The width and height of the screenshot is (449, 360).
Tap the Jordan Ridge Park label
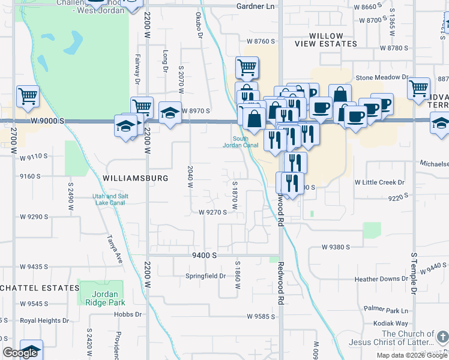point(101,298)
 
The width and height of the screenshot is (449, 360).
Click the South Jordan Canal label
point(241,142)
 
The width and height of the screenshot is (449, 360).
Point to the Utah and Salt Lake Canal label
point(119,199)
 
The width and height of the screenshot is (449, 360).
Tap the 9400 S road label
point(204,255)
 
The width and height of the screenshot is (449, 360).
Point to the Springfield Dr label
point(205,276)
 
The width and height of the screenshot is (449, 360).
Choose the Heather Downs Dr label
point(382,279)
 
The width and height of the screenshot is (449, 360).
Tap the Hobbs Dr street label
point(130,314)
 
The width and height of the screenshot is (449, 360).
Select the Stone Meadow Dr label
point(382,77)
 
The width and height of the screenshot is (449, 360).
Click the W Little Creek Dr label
point(379,182)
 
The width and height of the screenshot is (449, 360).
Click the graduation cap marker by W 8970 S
point(170,112)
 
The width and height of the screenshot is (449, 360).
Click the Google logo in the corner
point(20,353)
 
